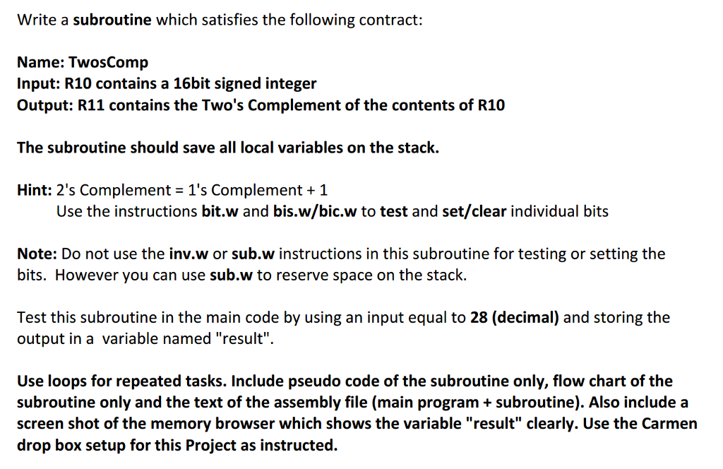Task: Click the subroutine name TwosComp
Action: [108, 62]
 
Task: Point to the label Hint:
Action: [35, 190]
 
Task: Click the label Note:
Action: [37, 254]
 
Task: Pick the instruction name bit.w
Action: [220, 211]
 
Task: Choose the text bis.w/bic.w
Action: [315, 211]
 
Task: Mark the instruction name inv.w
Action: [189, 254]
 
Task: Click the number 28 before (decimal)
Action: [479, 317]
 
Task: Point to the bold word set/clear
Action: [474, 211]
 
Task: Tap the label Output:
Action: [45, 105]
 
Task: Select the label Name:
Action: [41, 62]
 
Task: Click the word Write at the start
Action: [37, 20]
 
